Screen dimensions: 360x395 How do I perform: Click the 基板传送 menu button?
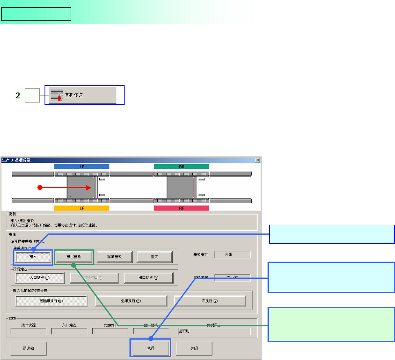point(83,95)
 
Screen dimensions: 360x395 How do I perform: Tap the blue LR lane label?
point(81,167)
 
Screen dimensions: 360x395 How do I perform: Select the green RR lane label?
point(181,167)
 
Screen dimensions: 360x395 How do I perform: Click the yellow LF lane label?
point(81,208)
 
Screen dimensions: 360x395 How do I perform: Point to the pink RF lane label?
point(181,208)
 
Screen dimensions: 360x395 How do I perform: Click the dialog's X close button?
point(257,160)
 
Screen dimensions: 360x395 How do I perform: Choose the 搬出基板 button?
point(74,257)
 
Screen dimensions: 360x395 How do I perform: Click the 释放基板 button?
point(114,257)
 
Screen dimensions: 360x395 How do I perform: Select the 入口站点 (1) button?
point(39,278)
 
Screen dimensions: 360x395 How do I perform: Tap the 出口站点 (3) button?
point(148,278)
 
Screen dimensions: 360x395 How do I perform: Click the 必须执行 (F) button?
point(131,301)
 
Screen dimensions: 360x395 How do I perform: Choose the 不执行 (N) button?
point(210,301)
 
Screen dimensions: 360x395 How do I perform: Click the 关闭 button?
point(194,348)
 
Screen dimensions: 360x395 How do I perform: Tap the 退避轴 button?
point(29,348)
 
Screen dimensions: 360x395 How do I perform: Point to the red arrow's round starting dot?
point(40,188)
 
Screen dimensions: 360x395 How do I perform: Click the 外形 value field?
point(232,254)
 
